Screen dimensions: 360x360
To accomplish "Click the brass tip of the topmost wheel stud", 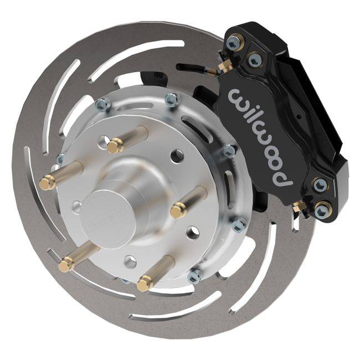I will click(115, 147).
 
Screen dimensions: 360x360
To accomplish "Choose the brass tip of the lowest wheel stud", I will click(146, 284).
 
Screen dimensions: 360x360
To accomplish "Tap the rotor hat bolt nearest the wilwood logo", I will click(228, 151).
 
